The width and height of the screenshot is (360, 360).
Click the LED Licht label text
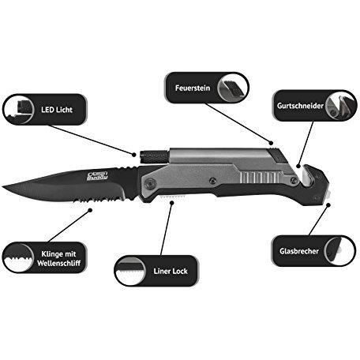[57, 110]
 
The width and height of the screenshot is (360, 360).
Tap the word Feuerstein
[193, 88]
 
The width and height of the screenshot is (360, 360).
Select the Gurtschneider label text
[300, 106]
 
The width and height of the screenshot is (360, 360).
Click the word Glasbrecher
[299, 251]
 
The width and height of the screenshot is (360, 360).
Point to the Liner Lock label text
[171, 271]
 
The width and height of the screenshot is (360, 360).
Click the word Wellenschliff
[58, 263]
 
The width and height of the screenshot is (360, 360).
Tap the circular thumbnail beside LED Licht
[19, 110]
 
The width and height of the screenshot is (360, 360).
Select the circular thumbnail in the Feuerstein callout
[233, 88]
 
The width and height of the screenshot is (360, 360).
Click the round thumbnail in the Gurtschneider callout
[341, 106]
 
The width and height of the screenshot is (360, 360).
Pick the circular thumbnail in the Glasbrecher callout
[339, 251]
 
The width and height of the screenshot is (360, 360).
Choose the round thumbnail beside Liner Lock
[130, 271]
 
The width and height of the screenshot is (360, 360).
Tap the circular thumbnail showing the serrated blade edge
[18, 257]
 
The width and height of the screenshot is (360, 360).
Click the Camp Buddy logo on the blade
[97, 176]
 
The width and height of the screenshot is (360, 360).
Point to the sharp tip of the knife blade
[3, 187]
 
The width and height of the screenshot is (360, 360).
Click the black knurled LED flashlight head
[154, 157]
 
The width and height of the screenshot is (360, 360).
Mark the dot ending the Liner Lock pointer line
[172, 203]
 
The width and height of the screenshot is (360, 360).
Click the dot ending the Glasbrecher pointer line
[328, 204]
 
